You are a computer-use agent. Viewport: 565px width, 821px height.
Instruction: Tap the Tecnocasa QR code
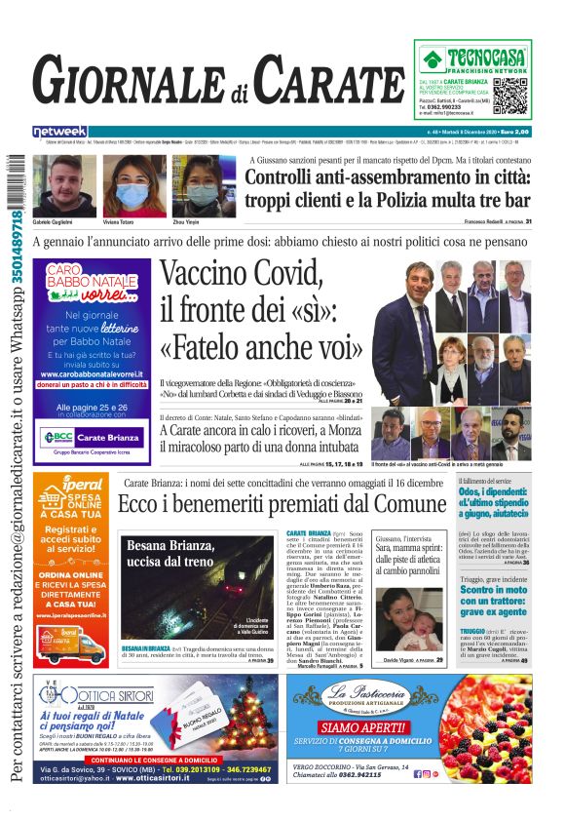(x=509, y=95)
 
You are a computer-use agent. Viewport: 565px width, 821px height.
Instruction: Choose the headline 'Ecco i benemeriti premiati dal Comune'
(x=282, y=504)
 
